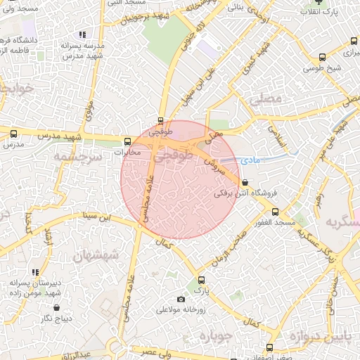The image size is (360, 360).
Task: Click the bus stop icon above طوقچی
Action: [x=161, y=121]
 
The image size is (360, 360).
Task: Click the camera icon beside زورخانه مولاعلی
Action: [x=181, y=300]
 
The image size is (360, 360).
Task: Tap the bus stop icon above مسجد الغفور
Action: [x=274, y=211]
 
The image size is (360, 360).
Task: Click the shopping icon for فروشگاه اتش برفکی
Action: [x=244, y=182]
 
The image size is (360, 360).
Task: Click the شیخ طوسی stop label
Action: [x=323, y=68]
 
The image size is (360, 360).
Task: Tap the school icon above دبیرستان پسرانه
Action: [x=36, y=272]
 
